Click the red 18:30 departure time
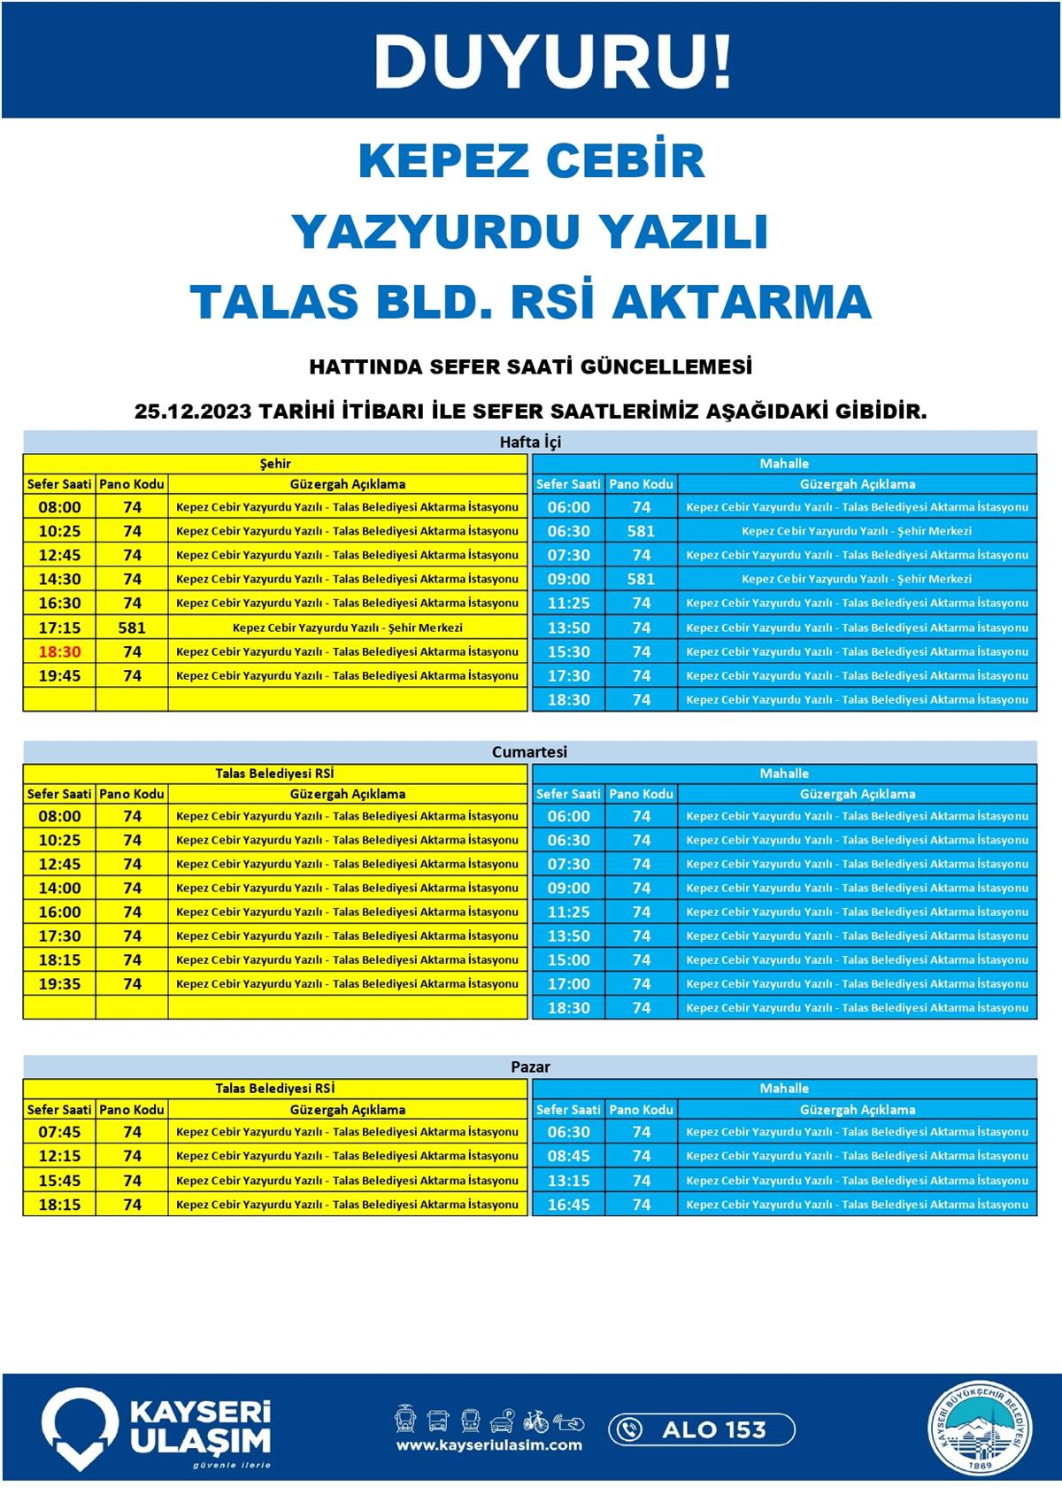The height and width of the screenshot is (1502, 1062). pos(59,651)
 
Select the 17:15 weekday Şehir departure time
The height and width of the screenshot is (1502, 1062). pos(59,628)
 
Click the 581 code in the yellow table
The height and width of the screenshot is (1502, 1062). pos(132,628)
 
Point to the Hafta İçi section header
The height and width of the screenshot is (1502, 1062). pos(530,442)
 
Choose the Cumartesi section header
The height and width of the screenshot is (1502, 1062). pos(530,751)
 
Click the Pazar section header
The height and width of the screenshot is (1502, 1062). pos(530,1067)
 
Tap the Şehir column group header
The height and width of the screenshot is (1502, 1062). pos(275,464)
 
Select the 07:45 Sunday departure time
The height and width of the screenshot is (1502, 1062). pos(59,1132)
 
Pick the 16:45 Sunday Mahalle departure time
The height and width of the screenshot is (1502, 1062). pos(568,1205)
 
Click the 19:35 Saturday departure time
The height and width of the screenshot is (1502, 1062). pos(59,983)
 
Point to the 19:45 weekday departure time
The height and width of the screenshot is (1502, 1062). pos(59,675)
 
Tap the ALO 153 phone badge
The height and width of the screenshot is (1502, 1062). pos(702,1429)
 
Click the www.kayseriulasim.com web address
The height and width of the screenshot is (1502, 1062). pos(489,1445)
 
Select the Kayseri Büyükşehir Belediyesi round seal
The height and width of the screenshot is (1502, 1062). pos(980,1429)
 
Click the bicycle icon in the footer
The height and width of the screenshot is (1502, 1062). pos(535,1421)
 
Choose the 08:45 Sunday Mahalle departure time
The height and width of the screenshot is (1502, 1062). pos(568,1156)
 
